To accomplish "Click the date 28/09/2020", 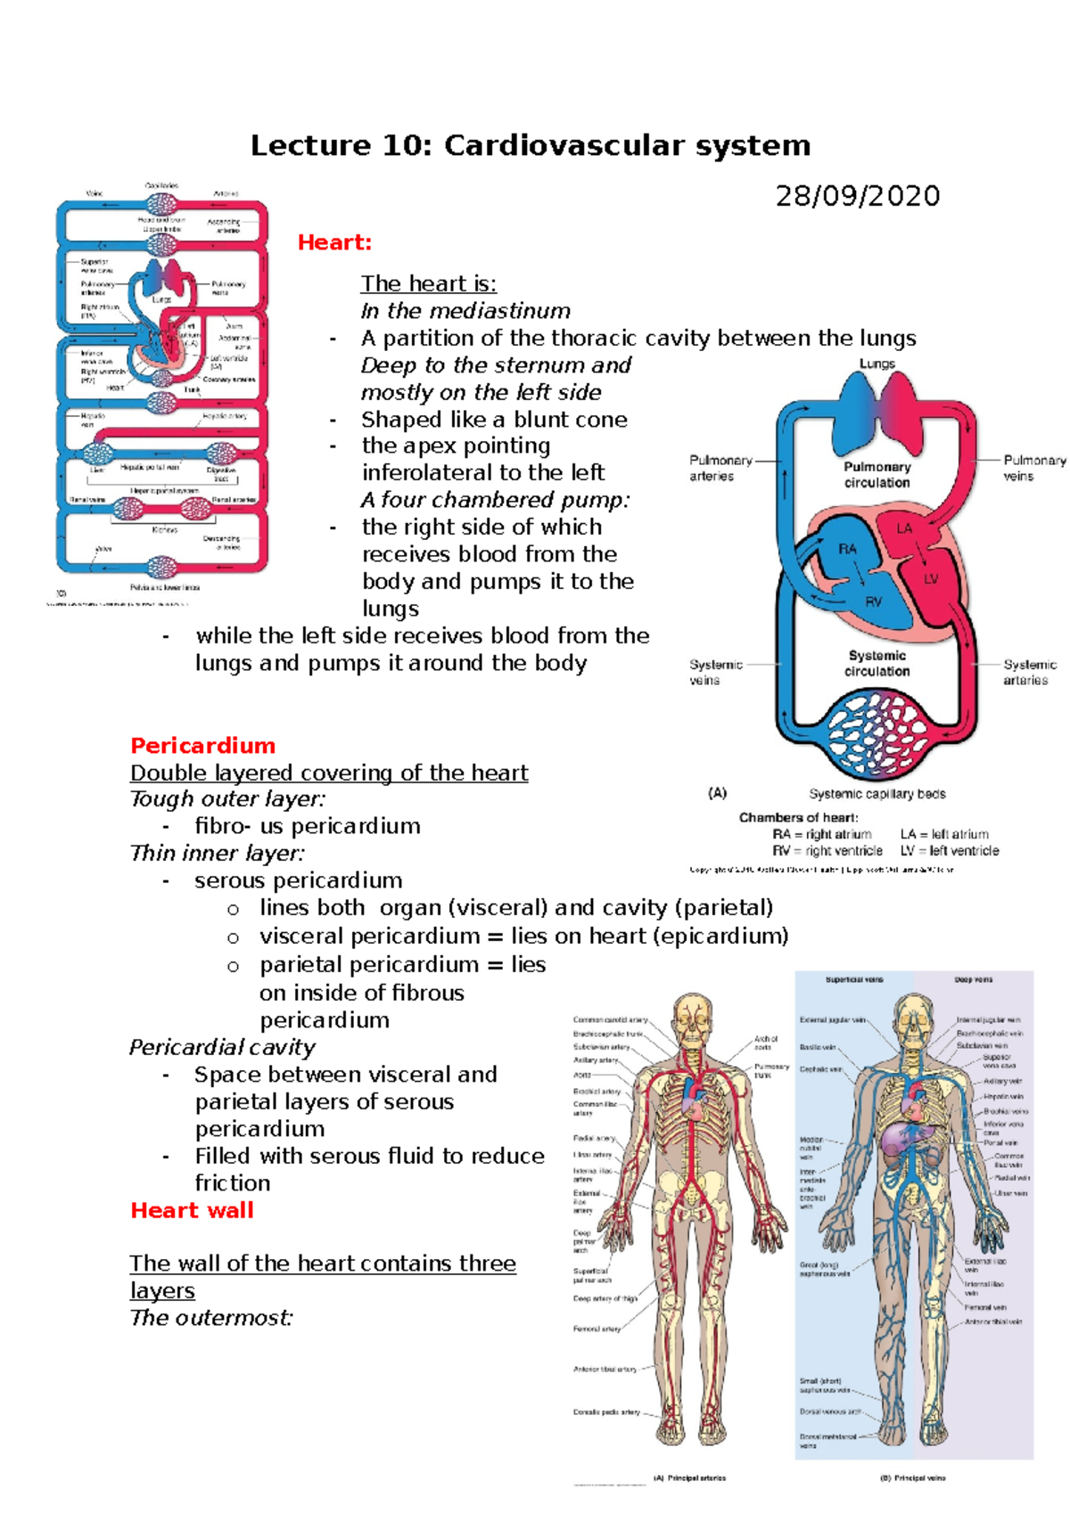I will (857, 196).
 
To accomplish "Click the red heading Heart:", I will (334, 242).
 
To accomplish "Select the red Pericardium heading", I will (202, 746).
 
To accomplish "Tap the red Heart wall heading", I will (192, 1210).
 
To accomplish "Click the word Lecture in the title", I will (309, 145).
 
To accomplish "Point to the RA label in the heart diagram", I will (847, 549).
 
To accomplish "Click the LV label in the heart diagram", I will (931, 578).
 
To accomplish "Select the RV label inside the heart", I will (873, 601).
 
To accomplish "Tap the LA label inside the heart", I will (904, 528).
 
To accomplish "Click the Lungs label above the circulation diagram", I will (877, 364).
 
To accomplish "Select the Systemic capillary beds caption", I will (877, 793).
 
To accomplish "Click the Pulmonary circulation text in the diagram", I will (877, 474).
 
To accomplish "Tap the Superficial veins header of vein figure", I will (854, 979).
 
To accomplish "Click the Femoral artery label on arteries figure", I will (597, 1329).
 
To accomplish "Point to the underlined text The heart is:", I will (428, 283).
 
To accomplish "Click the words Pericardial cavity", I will (222, 1047).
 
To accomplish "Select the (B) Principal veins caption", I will (912, 1477).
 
